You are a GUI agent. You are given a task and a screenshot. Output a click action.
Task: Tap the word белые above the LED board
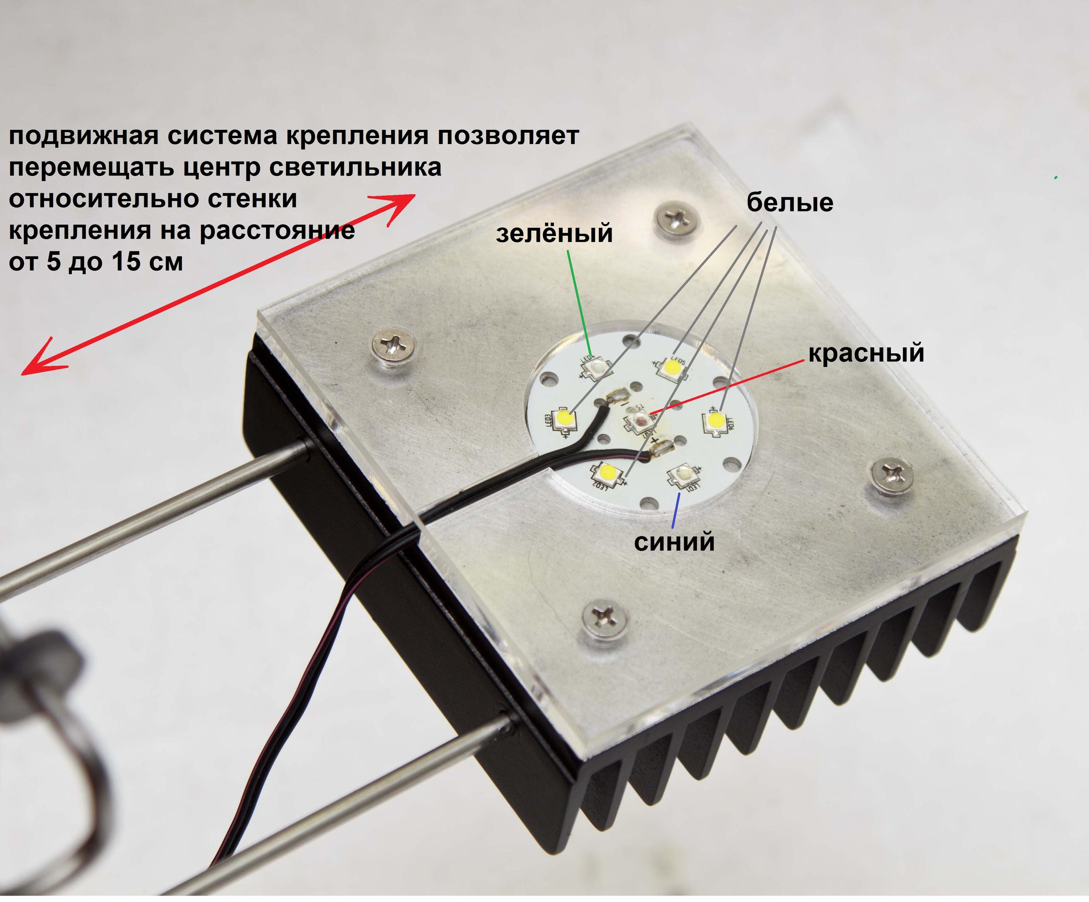click(789, 202)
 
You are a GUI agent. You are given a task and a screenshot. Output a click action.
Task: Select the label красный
click(866, 353)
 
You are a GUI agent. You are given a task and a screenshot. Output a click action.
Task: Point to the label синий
click(674, 542)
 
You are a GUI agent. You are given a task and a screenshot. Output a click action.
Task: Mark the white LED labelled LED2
click(605, 473)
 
